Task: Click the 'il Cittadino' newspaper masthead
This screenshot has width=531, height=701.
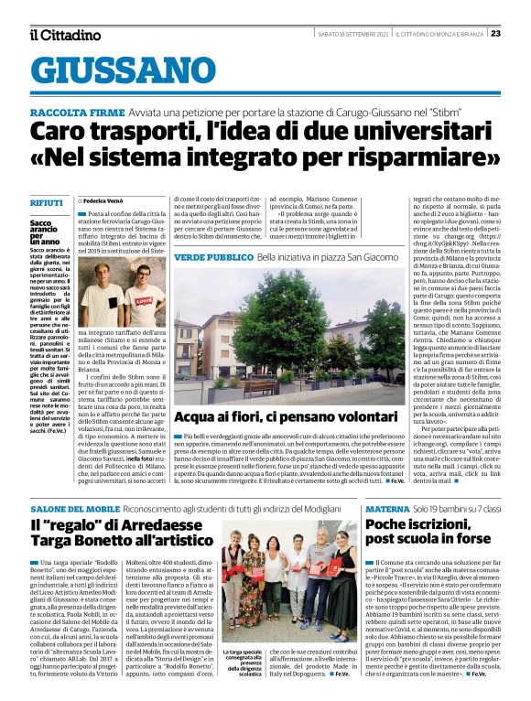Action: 62,35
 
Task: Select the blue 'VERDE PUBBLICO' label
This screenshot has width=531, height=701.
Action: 200,258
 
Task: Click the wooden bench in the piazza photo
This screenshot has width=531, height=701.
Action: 259,385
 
